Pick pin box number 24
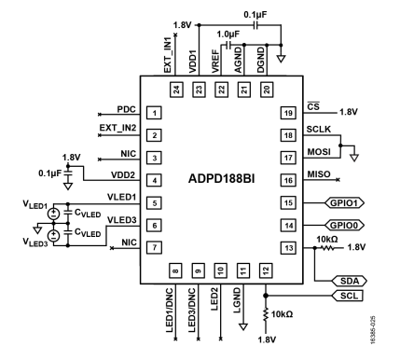(174, 90)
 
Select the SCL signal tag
(347, 296)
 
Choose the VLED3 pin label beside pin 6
(121, 220)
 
